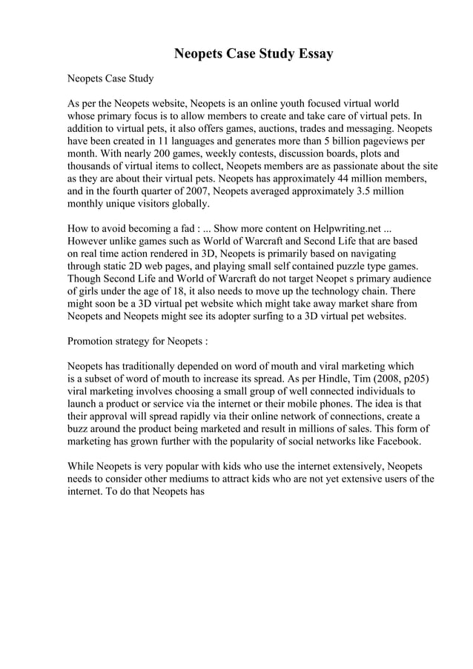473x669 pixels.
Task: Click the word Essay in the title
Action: [x=312, y=54]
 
